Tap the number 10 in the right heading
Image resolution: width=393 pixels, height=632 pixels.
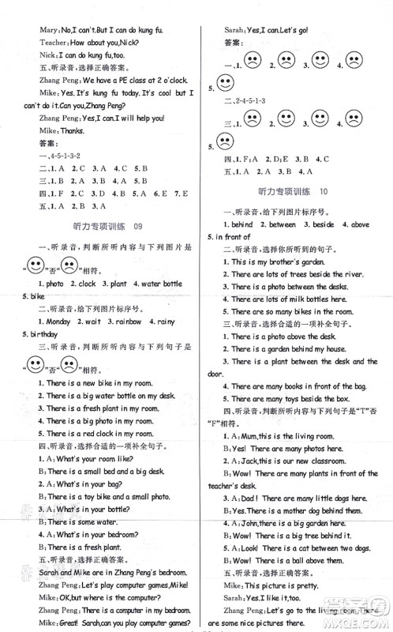[323, 192]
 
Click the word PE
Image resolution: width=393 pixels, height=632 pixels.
[106, 80]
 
